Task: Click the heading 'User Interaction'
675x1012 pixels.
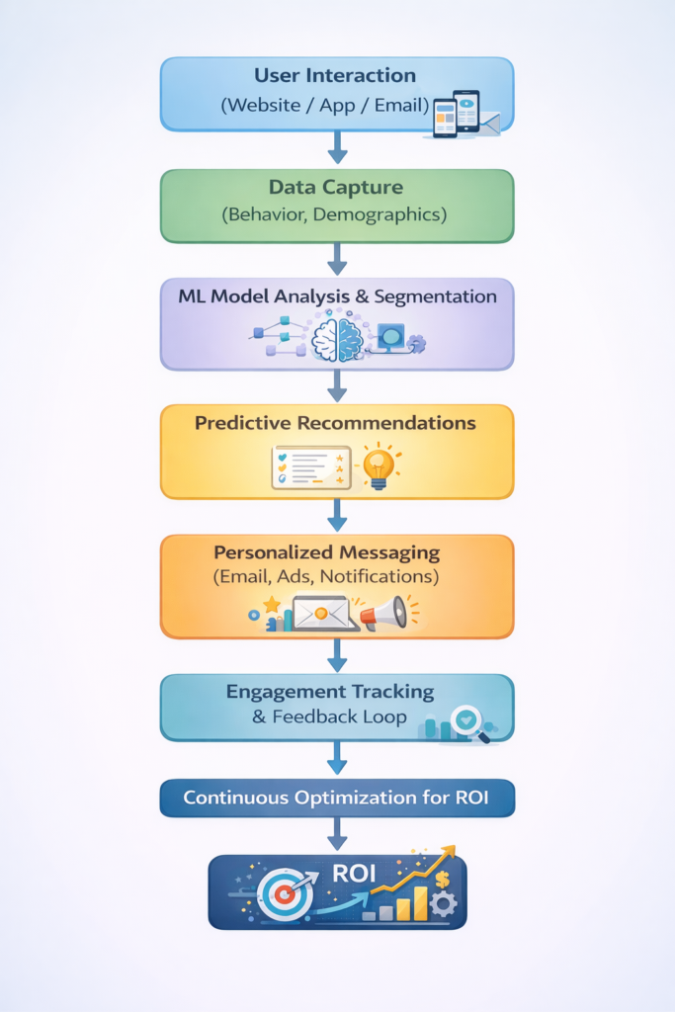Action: click(336, 76)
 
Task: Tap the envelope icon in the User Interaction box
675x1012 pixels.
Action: click(489, 123)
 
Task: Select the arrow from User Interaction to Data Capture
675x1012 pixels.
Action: click(337, 148)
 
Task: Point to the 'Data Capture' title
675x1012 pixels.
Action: click(336, 188)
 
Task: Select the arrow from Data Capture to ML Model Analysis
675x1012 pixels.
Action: click(337, 259)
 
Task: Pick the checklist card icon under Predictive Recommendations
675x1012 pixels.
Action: click(311, 466)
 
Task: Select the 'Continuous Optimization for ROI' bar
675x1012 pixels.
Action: click(337, 798)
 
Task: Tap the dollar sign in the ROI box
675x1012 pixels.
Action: click(441, 879)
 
